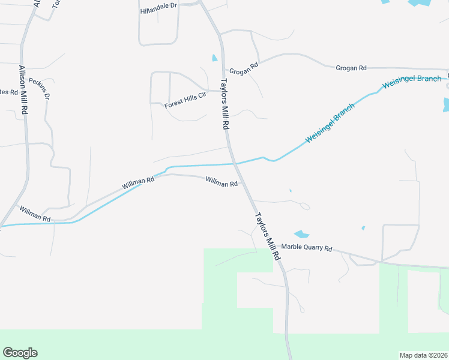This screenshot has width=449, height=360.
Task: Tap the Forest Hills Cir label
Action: coord(185,101)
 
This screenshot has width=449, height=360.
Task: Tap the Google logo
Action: coord(20,353)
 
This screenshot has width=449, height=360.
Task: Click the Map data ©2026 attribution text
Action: coord(423,355)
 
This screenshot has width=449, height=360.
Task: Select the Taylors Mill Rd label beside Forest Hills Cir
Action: coord(226,105)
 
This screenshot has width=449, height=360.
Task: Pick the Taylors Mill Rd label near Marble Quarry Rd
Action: coord(268,236)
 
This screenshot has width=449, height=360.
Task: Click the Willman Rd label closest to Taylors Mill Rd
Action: coord(221,181)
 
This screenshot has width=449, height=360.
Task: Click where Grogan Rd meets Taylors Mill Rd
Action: coord(223,70)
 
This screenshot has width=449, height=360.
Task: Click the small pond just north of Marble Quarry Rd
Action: coord(301,234)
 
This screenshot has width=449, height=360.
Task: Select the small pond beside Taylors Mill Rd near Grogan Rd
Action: coord(214,58)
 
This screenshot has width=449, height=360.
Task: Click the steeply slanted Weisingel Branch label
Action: coord(330,122)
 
